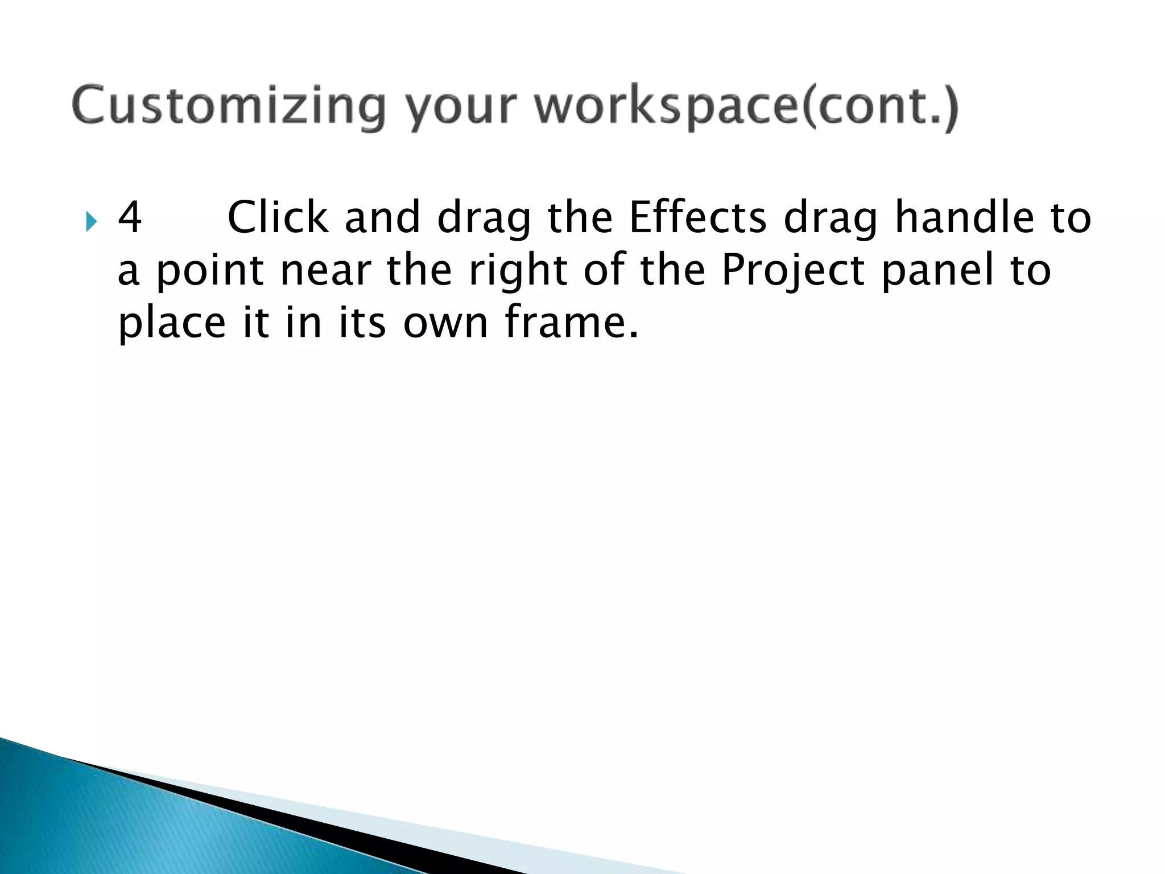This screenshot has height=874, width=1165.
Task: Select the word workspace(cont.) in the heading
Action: click(747, 106)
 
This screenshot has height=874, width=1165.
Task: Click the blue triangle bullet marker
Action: click(92, 221)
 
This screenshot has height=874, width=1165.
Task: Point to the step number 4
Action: click(130, 218)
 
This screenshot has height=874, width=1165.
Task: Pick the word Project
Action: click(793, 270)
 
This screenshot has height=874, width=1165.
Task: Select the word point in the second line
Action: click(210, 270)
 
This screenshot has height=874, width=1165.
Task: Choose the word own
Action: click(446, 323)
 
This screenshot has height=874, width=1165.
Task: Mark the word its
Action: click(362, 322)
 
